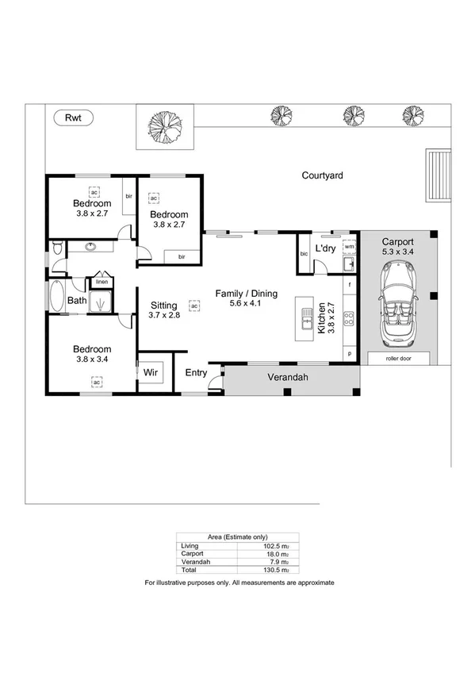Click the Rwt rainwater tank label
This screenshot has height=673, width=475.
[74, 117]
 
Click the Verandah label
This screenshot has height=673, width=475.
[286, 378]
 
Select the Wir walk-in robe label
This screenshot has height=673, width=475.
[151, 371]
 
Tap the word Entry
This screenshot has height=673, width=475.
[196, 373]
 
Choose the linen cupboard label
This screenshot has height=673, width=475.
[102, 282]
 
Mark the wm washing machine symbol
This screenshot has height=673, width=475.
[348, 247]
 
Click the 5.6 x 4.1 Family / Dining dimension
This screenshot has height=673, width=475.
[247, 305]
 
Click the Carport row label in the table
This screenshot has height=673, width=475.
[193, 554]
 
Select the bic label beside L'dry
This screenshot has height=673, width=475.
[304, 253]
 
